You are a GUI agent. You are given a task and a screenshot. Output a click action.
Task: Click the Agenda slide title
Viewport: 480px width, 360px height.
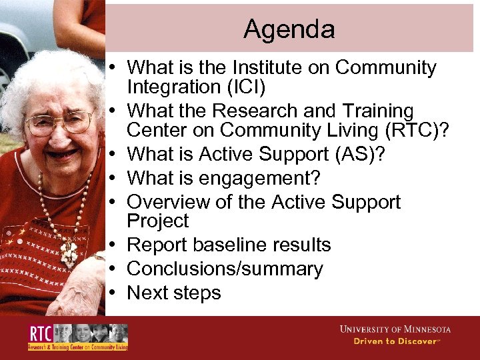[289, 29]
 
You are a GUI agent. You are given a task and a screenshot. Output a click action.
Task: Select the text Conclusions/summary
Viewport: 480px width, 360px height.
[225, 269]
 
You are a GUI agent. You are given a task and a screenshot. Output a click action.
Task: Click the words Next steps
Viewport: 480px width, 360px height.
[173, 293]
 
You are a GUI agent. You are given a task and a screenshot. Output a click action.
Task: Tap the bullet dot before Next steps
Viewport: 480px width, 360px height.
[115, 293]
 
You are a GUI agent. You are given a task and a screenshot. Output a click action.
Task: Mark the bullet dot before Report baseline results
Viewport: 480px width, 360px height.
[115, 245]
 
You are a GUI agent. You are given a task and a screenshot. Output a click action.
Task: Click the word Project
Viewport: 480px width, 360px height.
[157, 221]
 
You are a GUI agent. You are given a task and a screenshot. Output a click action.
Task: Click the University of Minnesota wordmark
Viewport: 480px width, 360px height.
[395, 329]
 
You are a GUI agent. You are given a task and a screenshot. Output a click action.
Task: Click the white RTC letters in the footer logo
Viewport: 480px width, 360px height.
[41, 333]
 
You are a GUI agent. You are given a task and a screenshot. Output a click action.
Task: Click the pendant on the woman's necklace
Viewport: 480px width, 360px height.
[67, 253]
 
